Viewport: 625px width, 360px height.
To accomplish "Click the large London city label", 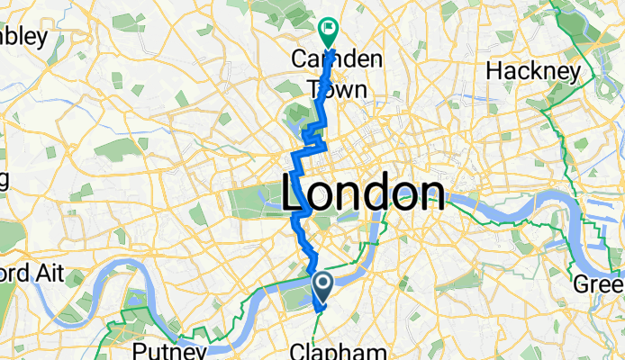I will [364, 191].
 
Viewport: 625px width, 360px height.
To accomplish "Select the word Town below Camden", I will [331, 88].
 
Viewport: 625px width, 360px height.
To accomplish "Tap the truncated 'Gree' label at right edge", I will [600, 283].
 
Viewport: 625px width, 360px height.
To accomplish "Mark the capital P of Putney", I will [139, 349].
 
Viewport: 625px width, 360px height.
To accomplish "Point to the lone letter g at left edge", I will [5, 177].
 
